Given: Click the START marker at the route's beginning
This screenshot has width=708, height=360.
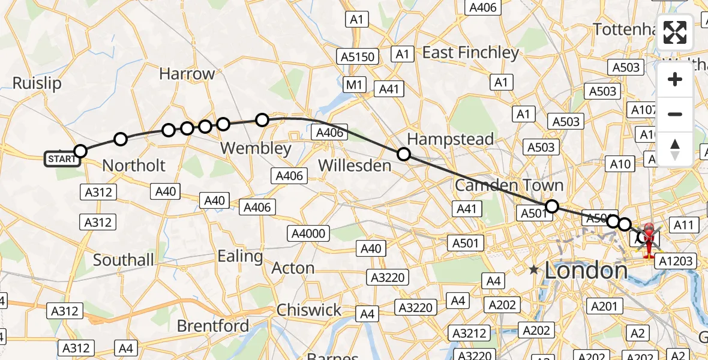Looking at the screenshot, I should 62,159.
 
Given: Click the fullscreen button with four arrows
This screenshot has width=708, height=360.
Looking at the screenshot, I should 675,32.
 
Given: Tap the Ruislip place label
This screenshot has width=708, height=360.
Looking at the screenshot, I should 37,83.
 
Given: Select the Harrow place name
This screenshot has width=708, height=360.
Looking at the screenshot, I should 187,74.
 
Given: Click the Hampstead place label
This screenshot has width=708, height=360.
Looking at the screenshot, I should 451,139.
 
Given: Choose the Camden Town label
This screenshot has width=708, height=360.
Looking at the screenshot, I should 509,185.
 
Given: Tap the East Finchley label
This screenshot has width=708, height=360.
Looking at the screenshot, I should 470,53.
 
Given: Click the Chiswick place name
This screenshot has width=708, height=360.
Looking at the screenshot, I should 309,310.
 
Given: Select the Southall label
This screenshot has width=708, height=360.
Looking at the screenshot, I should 124,260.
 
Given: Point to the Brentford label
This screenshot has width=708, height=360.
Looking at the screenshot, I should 213,326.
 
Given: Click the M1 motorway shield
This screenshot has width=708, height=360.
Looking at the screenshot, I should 354,85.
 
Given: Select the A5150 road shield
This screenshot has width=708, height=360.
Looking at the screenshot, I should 358,57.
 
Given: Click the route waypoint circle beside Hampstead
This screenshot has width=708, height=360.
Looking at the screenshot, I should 404,154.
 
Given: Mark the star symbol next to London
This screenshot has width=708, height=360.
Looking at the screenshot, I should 534,270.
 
